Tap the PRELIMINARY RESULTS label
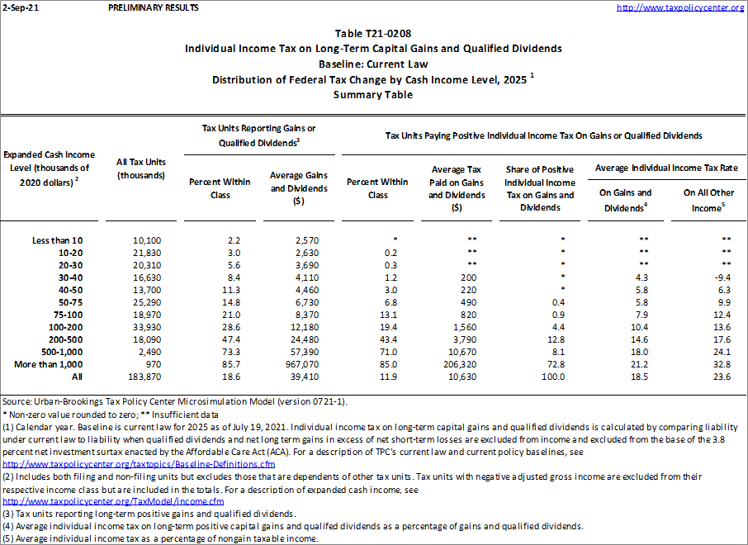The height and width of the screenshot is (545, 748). coord(153,7)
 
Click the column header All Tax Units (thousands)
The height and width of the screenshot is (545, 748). coord(142,168)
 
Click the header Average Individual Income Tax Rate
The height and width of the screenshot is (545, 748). coord(666,168)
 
